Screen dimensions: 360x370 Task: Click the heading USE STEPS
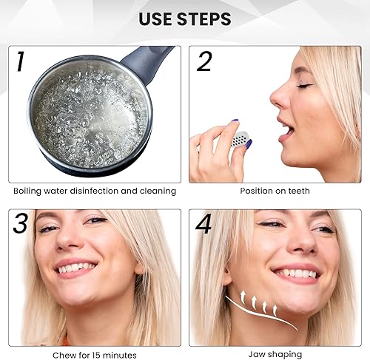tap(185, 19)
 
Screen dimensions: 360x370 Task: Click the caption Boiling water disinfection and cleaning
tap(95, 191)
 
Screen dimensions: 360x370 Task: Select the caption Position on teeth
tap(275, 191)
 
